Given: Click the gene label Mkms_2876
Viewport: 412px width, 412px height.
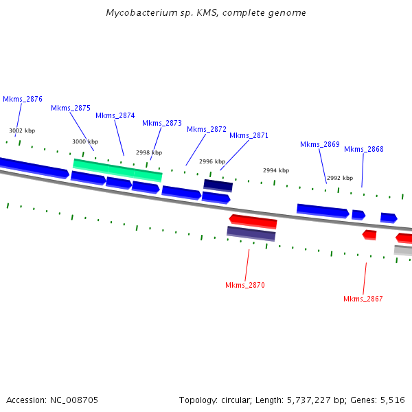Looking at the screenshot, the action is (x=23, y=99).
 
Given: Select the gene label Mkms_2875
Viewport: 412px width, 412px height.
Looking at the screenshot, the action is (x=71, y=108).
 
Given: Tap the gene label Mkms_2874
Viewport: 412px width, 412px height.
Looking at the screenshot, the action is (x=115, y=115).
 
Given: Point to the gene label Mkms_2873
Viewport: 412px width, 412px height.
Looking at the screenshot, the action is (x=162, y=123).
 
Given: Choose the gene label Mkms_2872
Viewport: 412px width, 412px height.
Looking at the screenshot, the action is (x=207, y=129).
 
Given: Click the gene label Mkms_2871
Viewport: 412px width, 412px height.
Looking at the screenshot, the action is (x=249, y=135).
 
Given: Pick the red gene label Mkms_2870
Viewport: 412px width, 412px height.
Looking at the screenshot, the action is (x=245, y=285).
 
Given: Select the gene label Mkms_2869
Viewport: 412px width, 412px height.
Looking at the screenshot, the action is (x=320, y=144).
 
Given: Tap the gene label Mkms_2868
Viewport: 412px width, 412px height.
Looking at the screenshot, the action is (x=364, y=149).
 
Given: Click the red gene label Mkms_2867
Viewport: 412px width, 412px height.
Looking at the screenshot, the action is (x=363, y=299).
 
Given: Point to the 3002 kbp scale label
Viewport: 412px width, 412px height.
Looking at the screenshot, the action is (x=22, y=130).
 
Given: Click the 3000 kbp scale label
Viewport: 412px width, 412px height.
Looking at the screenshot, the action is (x=85, y=141).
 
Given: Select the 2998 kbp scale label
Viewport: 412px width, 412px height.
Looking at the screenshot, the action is (x=149, y=152).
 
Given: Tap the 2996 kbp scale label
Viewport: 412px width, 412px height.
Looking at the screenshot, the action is (x=212, y=161).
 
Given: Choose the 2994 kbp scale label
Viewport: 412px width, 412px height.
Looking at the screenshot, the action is (x=276, y=170).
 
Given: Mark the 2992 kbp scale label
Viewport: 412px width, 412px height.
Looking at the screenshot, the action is (x=339, y=178).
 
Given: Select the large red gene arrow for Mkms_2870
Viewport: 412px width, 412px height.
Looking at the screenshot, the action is (x=253, y=221).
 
